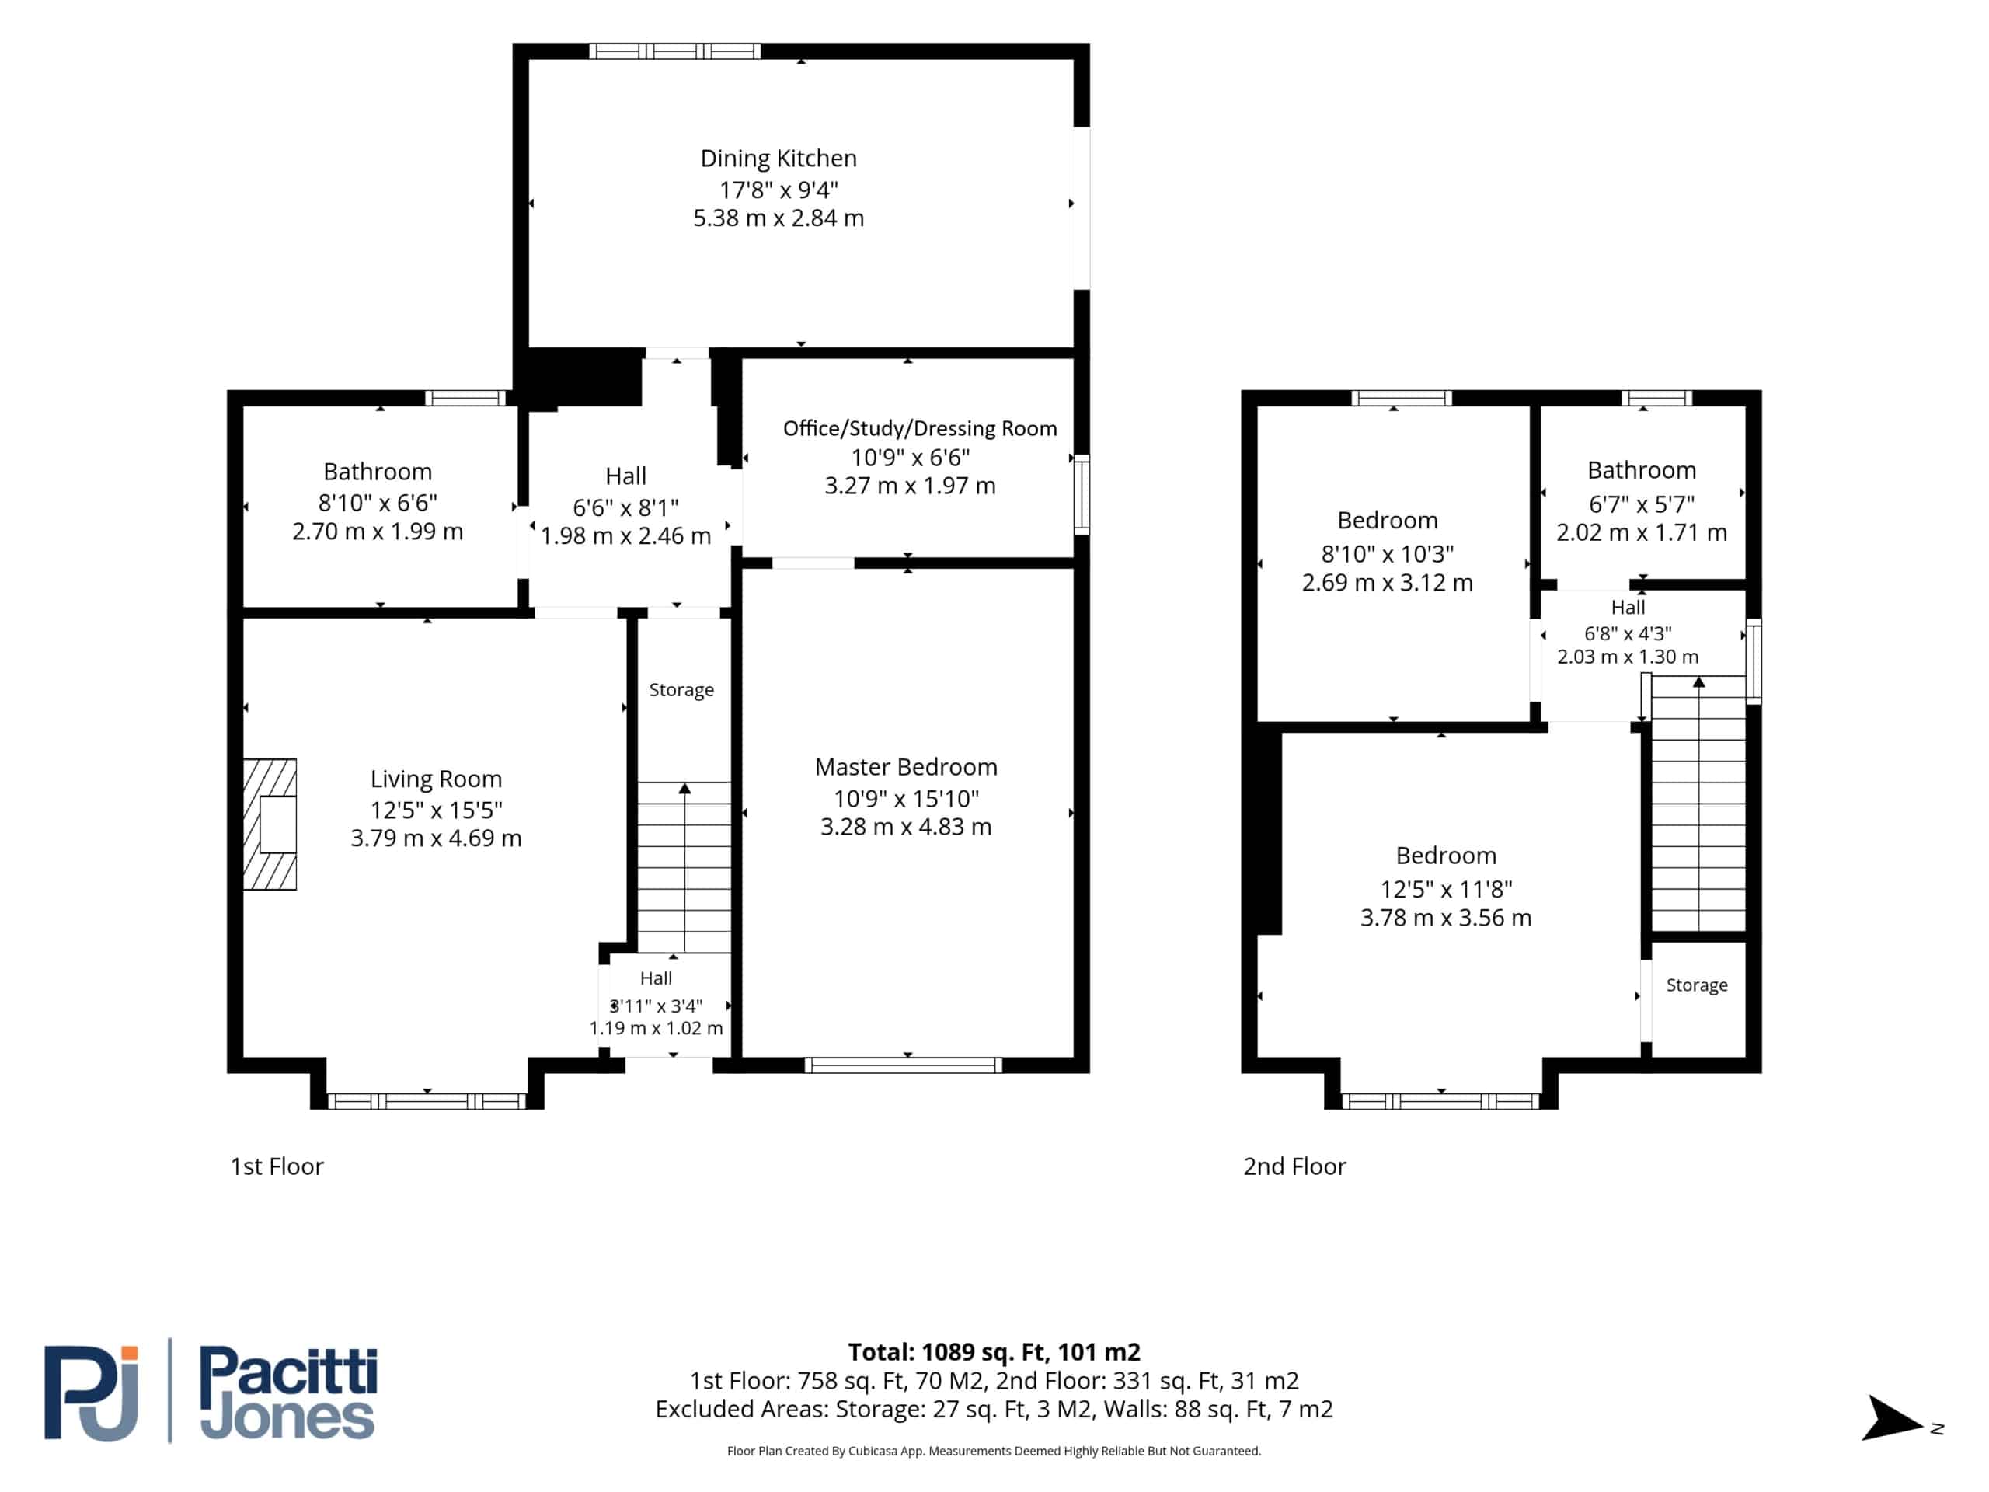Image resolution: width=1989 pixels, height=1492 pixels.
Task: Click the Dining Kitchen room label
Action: tap(779, 159)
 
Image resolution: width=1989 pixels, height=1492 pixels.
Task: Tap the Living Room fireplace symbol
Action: tap(270, 824)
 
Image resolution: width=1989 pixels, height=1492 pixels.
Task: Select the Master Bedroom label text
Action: tap(907, 767)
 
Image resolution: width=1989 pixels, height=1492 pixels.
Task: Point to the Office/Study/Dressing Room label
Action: tap(920, 428)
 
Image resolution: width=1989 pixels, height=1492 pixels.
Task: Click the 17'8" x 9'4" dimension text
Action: tap(779, 190)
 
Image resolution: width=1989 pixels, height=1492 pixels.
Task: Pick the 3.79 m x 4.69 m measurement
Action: tap(436, 838)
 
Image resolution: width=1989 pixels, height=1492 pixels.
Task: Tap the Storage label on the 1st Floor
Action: tap(681, 690)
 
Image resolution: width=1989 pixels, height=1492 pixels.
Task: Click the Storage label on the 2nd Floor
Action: tap(1697, 985)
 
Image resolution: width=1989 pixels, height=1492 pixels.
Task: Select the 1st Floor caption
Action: tap(277, 1166)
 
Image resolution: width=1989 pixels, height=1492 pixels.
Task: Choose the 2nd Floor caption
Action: tap(1295, 1166)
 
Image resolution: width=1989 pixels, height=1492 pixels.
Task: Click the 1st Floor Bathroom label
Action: tap(378, 472)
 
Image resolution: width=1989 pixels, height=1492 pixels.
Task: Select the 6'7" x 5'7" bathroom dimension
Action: tap(1642, 504)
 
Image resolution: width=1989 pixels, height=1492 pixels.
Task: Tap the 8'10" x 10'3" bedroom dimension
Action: tap(1388, 553)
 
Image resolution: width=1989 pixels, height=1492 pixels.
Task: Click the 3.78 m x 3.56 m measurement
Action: tap(1446, 917)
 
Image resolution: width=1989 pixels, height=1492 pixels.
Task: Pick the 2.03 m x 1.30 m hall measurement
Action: tap(1628, 657)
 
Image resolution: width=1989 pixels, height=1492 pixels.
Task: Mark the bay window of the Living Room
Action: tap(427, 1101)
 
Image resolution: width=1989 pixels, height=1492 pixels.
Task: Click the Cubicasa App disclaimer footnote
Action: tap(994, 1451)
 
